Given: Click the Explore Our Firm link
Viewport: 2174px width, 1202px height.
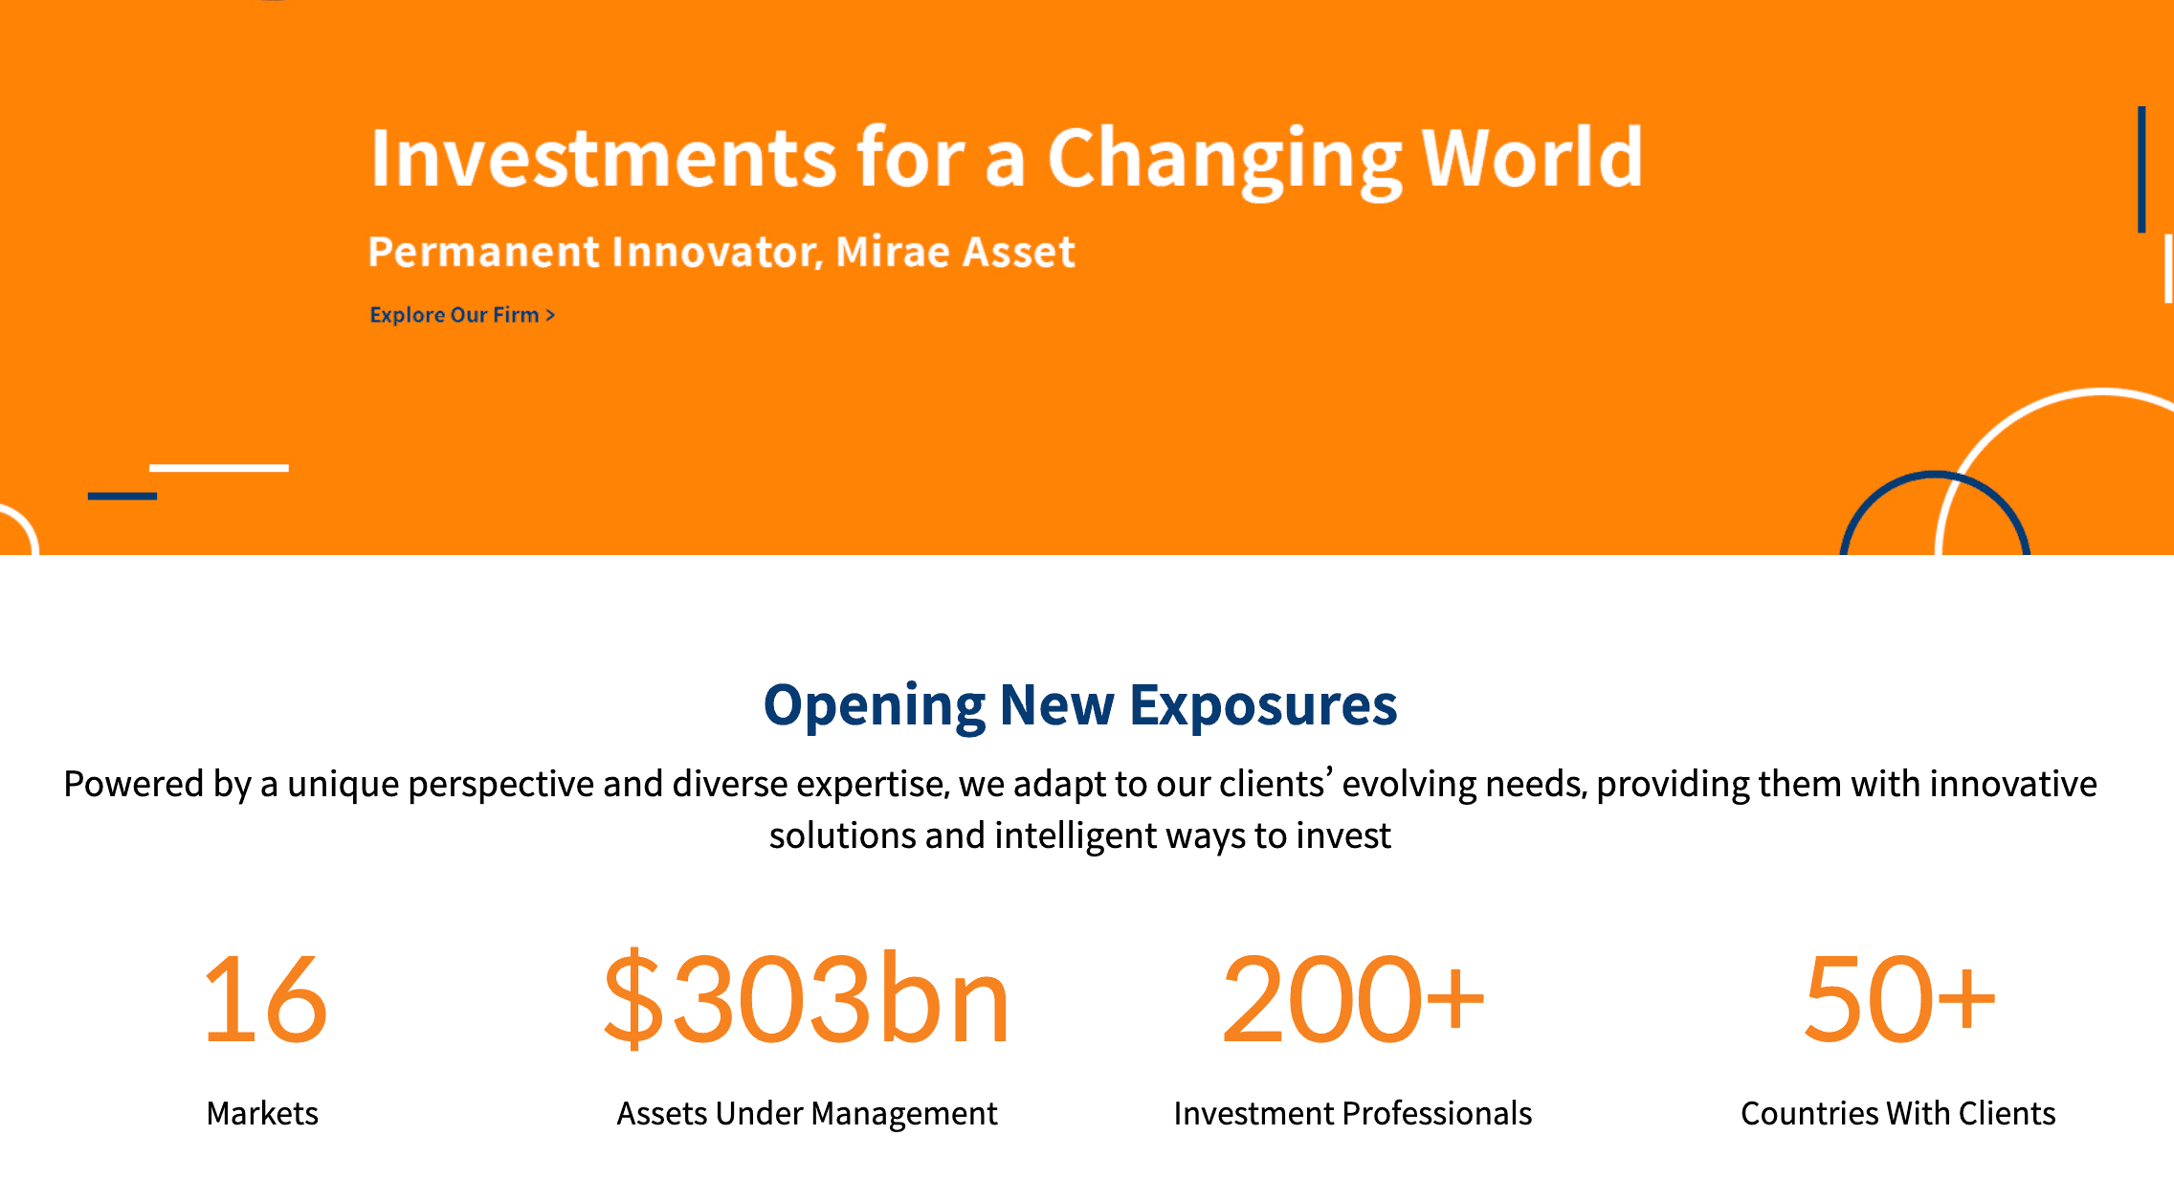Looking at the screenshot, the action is point(462,315).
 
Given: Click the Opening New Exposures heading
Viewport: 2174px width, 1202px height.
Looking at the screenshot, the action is point(1080,706).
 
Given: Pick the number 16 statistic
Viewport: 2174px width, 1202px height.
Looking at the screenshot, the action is point(265,999).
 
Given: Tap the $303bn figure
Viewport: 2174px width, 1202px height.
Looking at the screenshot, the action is point(806,998).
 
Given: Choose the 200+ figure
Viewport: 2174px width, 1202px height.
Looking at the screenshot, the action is point(1353,999).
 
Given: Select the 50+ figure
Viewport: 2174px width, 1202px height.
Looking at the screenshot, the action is point(1899,999).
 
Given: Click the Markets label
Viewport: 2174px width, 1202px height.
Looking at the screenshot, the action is point(262,1114).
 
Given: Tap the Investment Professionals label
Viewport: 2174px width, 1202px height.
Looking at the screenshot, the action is point(1353,1114).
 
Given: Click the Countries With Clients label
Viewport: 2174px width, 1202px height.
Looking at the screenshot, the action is point(1898,1114).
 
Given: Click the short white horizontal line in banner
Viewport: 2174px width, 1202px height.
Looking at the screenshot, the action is point(219,468).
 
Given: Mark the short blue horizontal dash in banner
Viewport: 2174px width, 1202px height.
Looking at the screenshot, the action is point(122,496).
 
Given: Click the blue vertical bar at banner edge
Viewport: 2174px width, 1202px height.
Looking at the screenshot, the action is point(2141,169).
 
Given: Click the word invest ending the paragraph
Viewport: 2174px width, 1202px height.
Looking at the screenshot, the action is point(1343,836).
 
